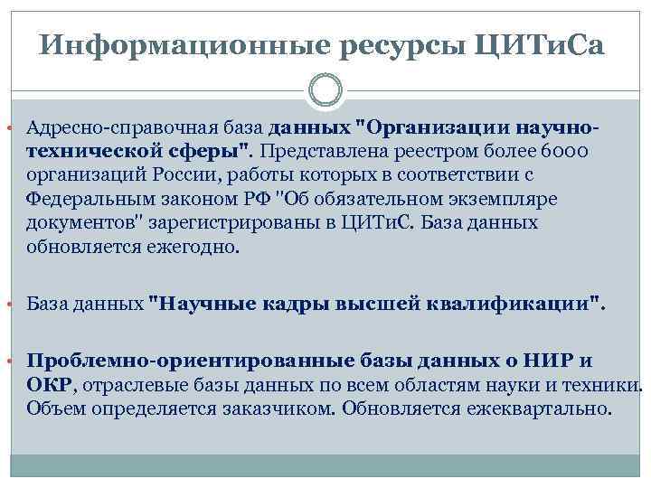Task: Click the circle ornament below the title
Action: pos(325,91)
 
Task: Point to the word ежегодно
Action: pos(194,245)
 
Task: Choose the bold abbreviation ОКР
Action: pos(49,385)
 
